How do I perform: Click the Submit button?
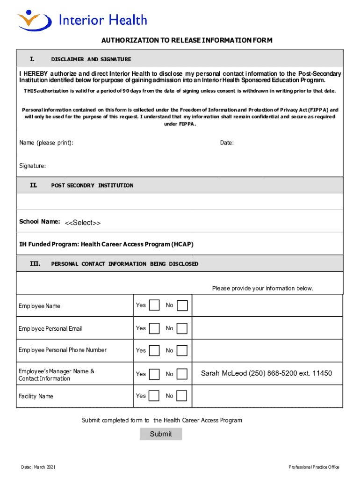pos(161,434)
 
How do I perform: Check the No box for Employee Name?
pos(182,305)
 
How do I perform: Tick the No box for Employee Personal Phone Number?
pos(182,350)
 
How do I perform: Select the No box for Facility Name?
pos(182,396)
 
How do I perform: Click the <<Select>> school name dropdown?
pos(83,223)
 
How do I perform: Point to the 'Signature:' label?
pos(32,166)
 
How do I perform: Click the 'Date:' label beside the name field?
pos(227,143)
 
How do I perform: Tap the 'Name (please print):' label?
pos(46,143)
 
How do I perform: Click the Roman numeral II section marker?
pos(33,185)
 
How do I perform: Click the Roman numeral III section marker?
pos(35,264)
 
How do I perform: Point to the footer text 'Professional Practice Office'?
pos(314,467)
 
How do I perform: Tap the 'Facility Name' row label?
pos(36,396)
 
